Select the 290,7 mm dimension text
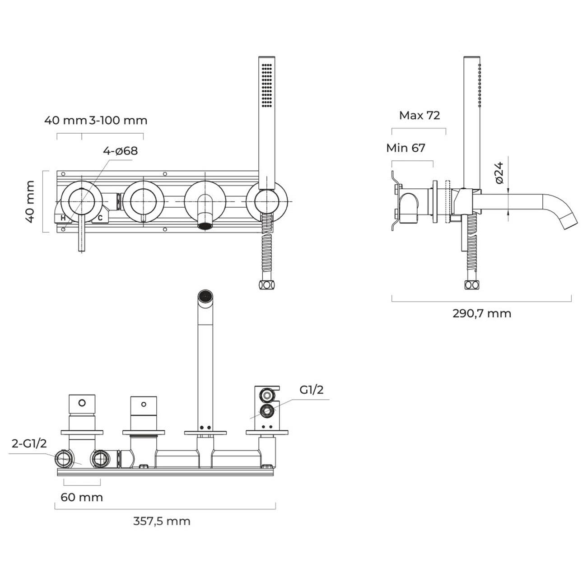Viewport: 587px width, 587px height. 482,313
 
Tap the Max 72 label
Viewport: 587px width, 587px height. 419,116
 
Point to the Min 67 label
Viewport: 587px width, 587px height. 405,148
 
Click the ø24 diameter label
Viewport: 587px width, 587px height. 499,173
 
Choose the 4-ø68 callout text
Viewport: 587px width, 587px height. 120,151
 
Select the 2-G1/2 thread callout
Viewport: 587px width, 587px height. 29,443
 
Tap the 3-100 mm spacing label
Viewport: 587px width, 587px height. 118,120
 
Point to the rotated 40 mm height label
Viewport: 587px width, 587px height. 30,202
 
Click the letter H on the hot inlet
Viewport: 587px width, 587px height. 63,218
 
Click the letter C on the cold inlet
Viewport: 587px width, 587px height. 100,218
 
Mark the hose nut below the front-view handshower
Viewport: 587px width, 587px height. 266,285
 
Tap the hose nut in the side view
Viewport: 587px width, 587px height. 471,285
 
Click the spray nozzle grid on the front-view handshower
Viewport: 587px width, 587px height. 267,85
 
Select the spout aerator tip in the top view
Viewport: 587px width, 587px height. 205,296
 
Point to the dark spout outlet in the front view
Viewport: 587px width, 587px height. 205,226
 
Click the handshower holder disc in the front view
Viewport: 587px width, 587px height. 267,201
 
